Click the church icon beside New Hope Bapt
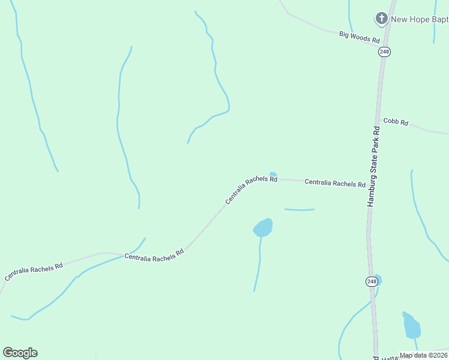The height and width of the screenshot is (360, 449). pyautogui.click(x=381, y=19)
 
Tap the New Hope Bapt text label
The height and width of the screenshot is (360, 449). pyautogui.click(x=420, y=19)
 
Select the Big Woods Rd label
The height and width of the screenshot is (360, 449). pyautogui.click(x=360, y=38)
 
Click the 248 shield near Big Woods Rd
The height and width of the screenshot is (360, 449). pyautogui.click(x=385, y=52)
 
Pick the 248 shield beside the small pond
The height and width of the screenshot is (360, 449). pyautogui.click(x=372, y=281)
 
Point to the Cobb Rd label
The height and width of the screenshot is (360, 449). pyautogui.click(x=396, y=121)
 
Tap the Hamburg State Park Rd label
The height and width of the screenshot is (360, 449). pyautogui.click(x=374, y=167)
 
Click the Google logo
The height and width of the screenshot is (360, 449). pyautogui.click(x=20, y=353)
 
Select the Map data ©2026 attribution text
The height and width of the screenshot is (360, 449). pyautogui.click(x=424, y=355)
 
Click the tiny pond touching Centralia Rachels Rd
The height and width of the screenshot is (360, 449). pyautogui.click(x=273, y=175)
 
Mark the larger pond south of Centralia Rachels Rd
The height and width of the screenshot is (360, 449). pyautogui.click(x=264, y=227)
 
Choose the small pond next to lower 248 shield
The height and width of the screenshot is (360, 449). pyautogui.click(x=378, y=280)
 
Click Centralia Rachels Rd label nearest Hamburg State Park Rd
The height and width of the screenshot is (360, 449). pyautogui.click(x=335, y=183)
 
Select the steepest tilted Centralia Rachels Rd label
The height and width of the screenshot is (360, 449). pyautogui.click(x=251, y=190)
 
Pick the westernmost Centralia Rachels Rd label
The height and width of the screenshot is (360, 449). pyautogui.click(x=34, y=271)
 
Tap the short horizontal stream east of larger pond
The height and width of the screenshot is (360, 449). pyautogui.click(x=300, y=210)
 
